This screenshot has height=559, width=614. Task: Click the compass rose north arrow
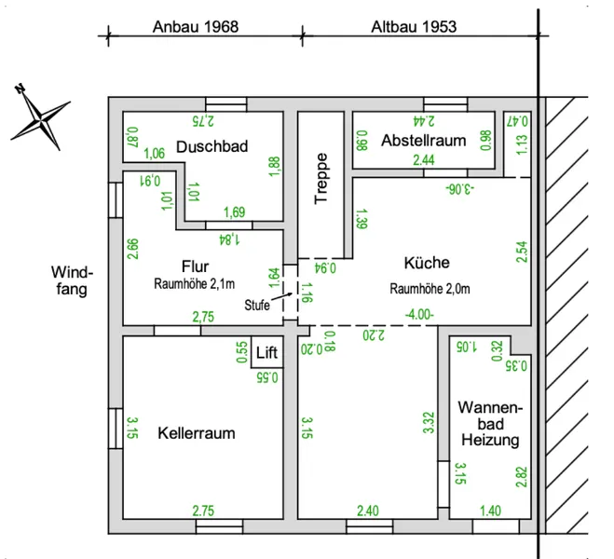[41, 117]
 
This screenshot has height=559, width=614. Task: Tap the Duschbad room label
[211, 146]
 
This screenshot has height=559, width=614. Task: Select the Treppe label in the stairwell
[321, 178]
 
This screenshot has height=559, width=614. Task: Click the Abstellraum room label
[423, 141]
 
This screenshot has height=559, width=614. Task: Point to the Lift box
[266, 352]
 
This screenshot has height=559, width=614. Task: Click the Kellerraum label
[197, 433]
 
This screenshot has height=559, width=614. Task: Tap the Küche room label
[427, 263]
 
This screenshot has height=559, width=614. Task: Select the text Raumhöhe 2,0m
[430, 289]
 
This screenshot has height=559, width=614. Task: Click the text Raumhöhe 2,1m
[194, 283]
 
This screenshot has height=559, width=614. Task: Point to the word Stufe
[257, 305]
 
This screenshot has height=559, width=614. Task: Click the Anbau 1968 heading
[196, 27]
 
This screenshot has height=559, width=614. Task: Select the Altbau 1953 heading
[414, 27]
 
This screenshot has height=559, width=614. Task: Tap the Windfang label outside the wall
[72, 280]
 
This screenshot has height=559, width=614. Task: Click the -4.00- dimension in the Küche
[419, 314]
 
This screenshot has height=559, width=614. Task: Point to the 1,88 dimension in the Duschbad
[275, 166]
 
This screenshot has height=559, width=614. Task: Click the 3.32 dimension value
[429, 422]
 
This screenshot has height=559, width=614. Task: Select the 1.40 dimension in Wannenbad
[490, 511]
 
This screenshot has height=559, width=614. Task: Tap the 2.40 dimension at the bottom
[368, 511]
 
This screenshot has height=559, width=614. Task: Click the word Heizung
[490, 440]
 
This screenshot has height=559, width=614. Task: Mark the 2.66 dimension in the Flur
[132, 249]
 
